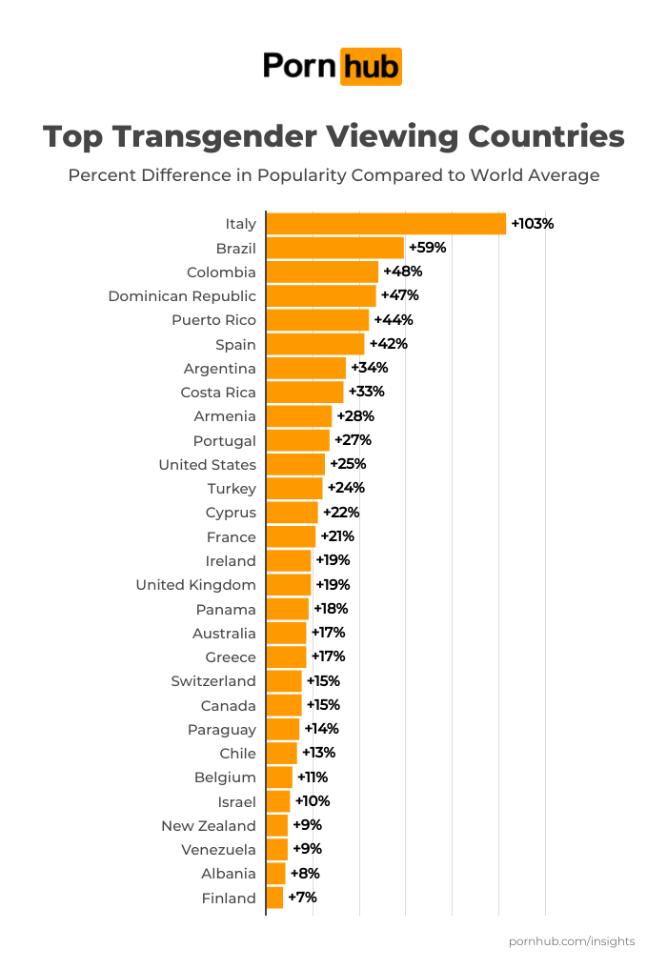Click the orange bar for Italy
click(386, 224)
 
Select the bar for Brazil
click(335, 248)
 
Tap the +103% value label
click(533, 224)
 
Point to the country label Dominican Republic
click(182, 296)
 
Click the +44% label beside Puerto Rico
click(394, 320)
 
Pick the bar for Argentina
click(306, 368)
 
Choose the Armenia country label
click(225, 416)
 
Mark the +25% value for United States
click(348, 464)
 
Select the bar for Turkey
click(294, 489)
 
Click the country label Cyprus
click(231, 513)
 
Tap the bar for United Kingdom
click(289, 585)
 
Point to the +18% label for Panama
click(331, 609)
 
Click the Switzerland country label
click(213, 681)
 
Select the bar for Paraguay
click(283, 729)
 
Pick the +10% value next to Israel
click(312, 801)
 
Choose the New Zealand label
click(209, 826)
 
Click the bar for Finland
click(274, 898)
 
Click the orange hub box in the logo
click(371, 66)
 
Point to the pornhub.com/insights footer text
click(572, 941)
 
